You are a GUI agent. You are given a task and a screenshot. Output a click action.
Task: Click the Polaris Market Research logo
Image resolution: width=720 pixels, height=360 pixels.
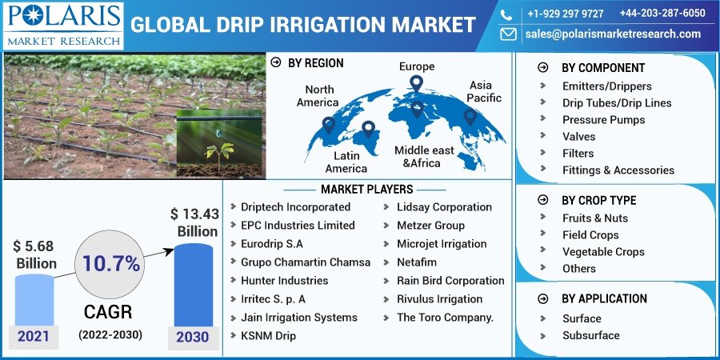[63, 25]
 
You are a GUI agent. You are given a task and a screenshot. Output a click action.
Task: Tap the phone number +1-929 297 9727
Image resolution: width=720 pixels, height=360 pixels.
[565, 14]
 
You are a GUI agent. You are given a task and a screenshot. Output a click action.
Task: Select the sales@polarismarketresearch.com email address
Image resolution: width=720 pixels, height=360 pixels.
[613, 34]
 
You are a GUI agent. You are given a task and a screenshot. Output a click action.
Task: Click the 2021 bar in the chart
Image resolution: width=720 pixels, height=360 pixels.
[34, 308]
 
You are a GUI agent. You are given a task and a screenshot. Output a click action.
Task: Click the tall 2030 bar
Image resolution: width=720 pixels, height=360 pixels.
[194, 292]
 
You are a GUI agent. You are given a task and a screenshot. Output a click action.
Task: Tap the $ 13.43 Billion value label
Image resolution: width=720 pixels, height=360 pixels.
[194, 222]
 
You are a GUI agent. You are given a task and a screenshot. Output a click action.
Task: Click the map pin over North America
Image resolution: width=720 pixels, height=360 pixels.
[328, 125]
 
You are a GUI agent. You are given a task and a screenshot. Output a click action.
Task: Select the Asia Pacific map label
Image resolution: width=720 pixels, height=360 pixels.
[485, 91]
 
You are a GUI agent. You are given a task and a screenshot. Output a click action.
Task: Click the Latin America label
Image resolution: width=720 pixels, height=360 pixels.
[346, 162]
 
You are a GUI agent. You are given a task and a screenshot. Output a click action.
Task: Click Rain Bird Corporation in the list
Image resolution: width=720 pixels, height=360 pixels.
[450, 280]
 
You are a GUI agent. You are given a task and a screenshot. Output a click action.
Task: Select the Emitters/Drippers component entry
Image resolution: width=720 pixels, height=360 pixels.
[606, 86]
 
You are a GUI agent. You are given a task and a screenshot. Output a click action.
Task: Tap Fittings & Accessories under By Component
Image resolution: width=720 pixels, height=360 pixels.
[618, 170]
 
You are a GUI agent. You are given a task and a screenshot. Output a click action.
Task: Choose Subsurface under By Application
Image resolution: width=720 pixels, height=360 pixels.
[590, 335]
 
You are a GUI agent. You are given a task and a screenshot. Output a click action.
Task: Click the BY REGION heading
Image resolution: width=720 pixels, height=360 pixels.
[315, 62]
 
